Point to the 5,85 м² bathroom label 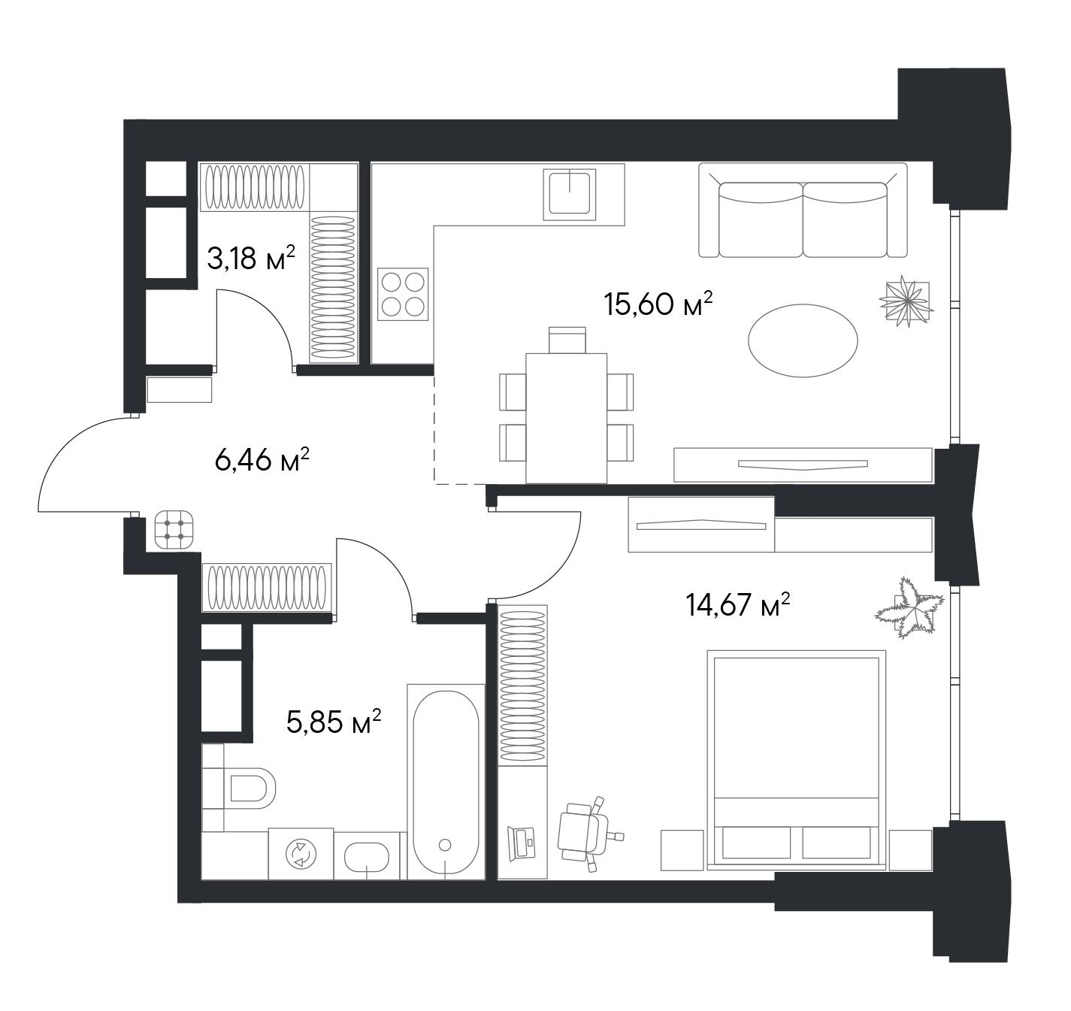(x=334, y=722)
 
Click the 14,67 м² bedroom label (x=738, y=604)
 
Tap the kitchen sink (x=570, y=194)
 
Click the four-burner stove (x=403, y=295)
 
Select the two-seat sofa (x=803, y=210)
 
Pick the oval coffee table (x=803, y=341)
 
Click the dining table (x=566, y=418)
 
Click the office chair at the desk (x=587, y=834)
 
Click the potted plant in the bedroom (x=910, y=609)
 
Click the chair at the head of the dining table (x=567, y=340)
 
